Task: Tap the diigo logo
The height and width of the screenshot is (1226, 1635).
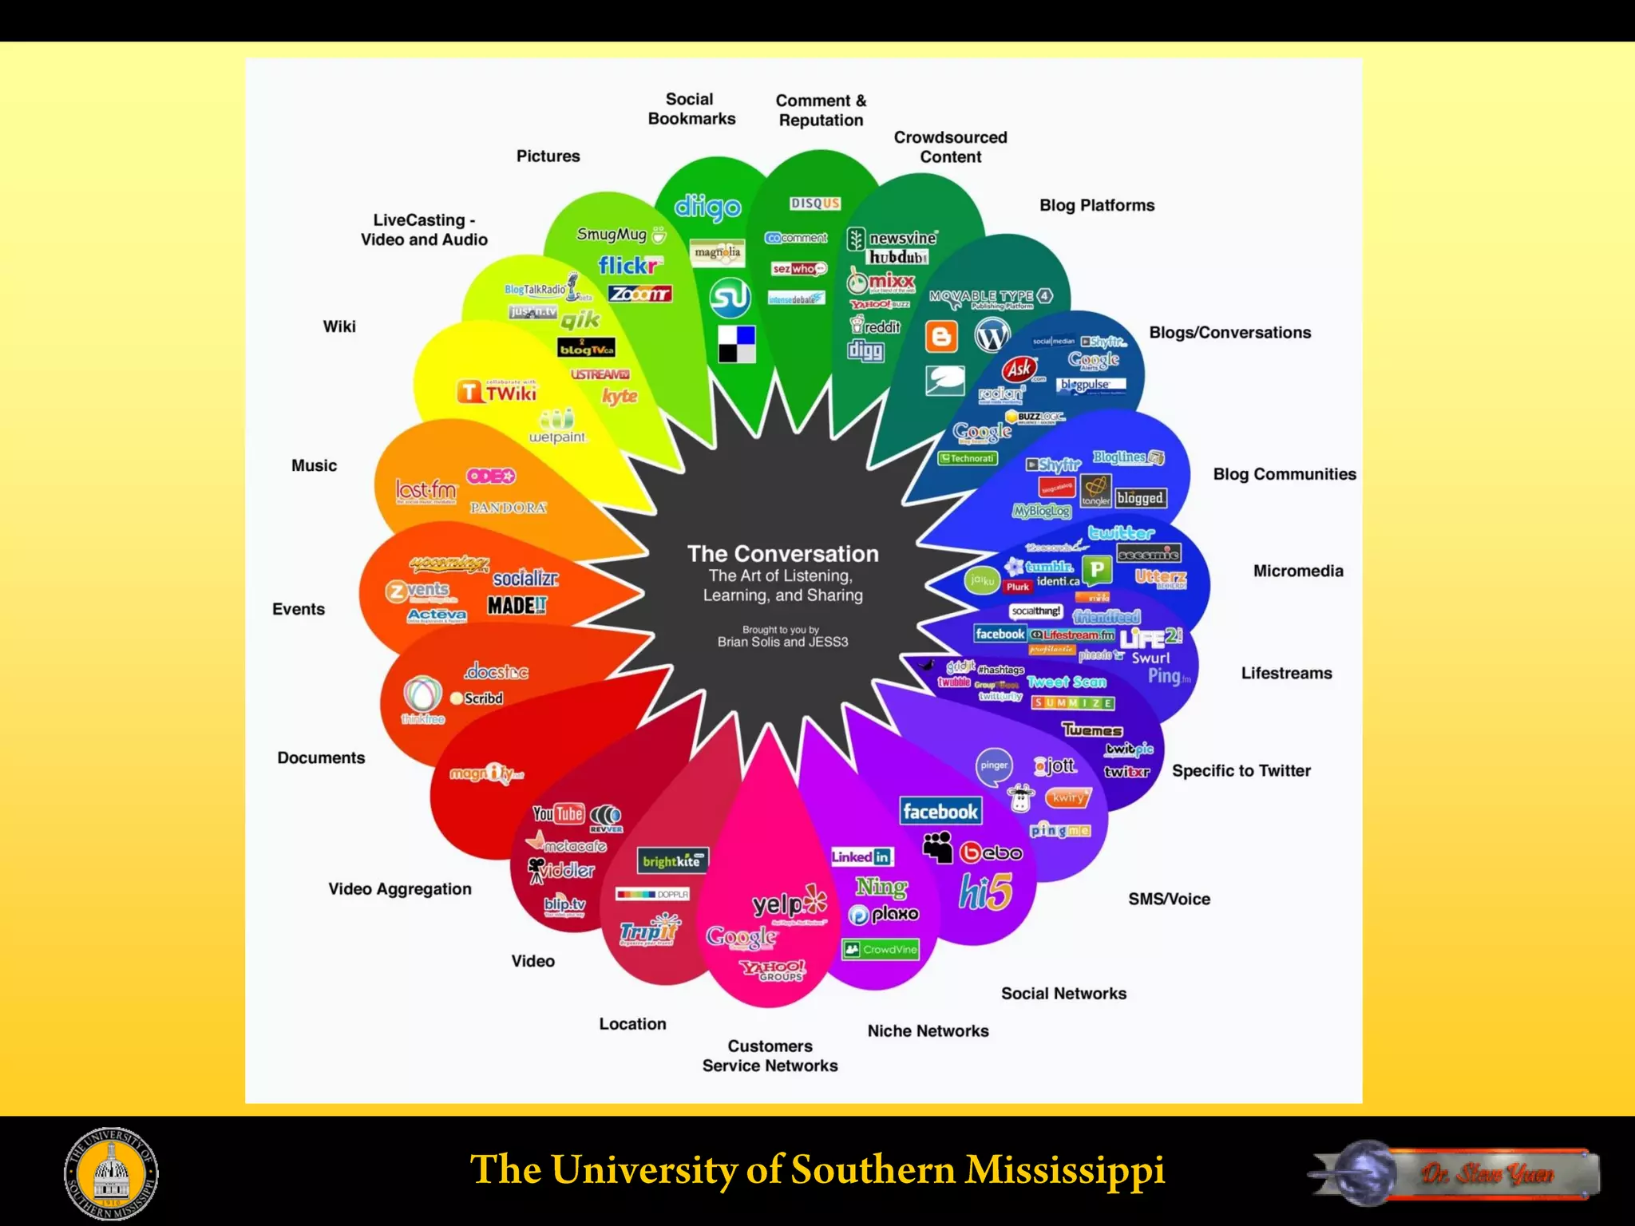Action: click(707, 208)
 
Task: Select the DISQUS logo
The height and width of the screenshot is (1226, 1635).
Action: click(815, 204)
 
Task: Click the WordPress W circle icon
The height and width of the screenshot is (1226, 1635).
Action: click(992, 335)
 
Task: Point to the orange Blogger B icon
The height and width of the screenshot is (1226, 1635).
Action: click(941, 336)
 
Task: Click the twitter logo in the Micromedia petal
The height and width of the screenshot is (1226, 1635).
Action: click(1121, 533)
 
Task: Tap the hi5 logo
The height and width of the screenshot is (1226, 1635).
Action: click(985, 892)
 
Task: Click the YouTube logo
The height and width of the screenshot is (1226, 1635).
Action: click(558, 813)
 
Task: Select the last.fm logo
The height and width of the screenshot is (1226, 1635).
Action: click(426, 490)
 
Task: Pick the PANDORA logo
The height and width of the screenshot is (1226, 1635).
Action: click(508, 508)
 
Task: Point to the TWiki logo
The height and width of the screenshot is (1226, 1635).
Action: click(497, 393)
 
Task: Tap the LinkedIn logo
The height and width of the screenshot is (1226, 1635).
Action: click(861, 856)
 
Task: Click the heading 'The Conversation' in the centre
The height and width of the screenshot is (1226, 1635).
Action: click(782, 554)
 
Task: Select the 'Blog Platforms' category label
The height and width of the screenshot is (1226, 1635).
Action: click(1096, 205)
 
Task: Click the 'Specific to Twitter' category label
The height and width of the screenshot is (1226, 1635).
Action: click(1241, 770)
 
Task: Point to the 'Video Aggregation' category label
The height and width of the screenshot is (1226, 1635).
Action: click(399, 888)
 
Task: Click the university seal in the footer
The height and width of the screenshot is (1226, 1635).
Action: click(111, 1173)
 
